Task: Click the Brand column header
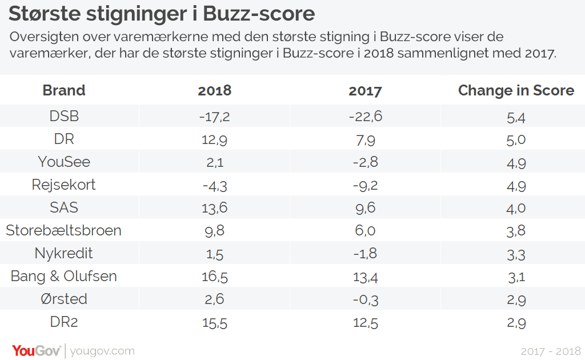pos(64,90)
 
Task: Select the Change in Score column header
pos(516,90)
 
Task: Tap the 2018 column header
pos(215,91)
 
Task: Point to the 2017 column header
pos(365,91)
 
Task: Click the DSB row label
pos(64,116)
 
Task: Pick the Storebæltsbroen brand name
pos(64,230)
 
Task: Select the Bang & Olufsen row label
pos(64,276)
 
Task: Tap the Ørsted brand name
pos(64,299)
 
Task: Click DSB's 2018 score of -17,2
pos(215,117)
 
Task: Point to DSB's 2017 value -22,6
pos(366,117)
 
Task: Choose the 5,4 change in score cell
pos(516,118)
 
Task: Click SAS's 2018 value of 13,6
pos(215,208)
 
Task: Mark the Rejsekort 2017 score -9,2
pos(366,185)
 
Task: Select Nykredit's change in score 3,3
pos(516,255)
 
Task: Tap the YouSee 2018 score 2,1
pos(215,162)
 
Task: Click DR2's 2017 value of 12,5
pos(366,323)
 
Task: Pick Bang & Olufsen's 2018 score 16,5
pos(215,277)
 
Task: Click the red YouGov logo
pos(36,351)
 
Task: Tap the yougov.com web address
pos(102,351)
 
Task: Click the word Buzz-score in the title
pos(259,14)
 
